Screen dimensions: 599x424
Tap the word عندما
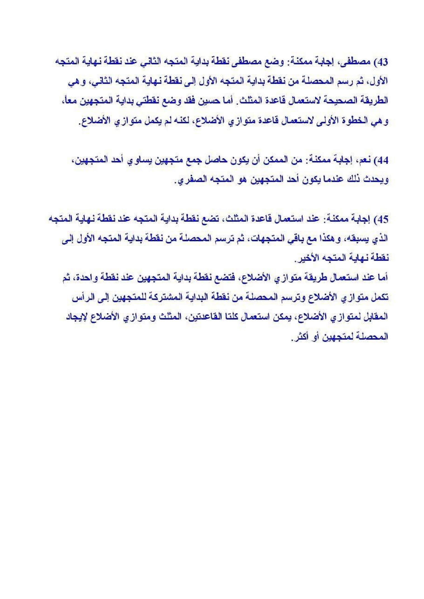(329, 180)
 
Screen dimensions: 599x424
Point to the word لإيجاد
(77, 317)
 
